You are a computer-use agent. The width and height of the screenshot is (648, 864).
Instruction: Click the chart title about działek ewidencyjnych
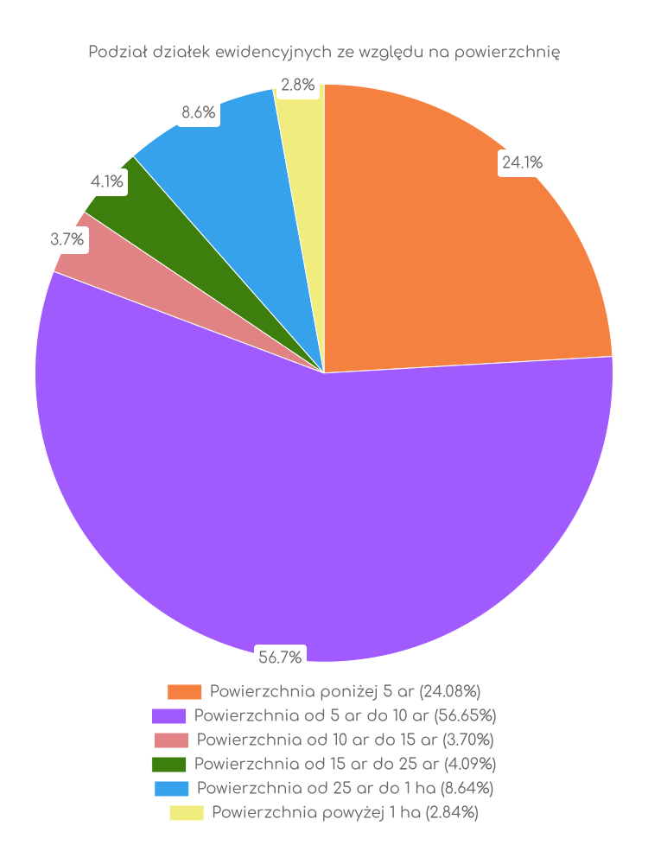pos(324,53)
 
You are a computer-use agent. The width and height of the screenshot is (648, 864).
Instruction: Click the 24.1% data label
pos(522,162)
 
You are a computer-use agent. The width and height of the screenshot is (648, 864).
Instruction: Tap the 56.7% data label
pos(280,658)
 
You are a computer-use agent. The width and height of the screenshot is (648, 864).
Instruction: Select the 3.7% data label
pos(67,240)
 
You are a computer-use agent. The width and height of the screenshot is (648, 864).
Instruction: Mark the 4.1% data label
pos(107,181)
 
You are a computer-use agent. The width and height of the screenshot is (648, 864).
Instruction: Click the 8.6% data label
pos(198,112)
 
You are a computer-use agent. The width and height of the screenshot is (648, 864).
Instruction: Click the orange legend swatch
pos(184,692)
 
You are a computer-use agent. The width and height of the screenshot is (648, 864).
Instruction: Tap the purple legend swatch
pos(168,716)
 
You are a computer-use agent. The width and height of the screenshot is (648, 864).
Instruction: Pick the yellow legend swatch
pos(186,813)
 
